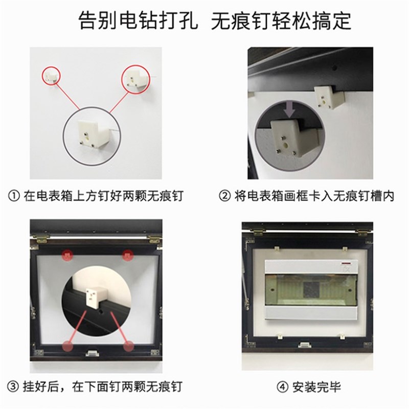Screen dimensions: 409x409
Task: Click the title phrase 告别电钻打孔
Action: point(137,21)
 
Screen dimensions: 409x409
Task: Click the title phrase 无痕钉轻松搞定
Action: point(282,21)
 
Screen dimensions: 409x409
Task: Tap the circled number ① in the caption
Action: point(14,196)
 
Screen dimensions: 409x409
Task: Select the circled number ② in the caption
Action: point(224,196)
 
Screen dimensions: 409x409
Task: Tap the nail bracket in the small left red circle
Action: point(50,77)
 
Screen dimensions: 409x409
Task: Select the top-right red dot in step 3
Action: point(127,254)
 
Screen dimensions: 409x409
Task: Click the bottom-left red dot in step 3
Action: point(68,346)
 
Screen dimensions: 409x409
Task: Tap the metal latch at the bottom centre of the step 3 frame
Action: point(93,353)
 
